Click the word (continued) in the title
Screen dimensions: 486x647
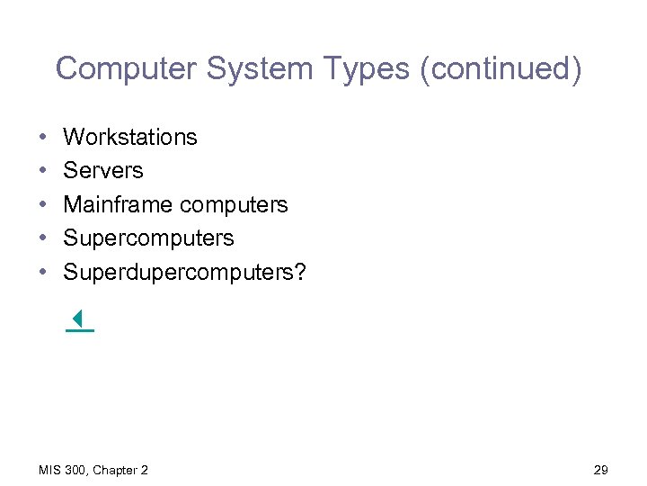(x=500, y=69)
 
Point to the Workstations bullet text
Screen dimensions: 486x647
(x=130, y=137)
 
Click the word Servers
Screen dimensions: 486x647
(x=103, y=170)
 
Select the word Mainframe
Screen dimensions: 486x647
(x=116, y=204)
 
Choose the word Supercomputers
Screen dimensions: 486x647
(x=148, y=238)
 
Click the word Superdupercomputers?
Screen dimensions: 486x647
(x=184, y=272)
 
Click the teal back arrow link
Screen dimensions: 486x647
(x=79, y=319)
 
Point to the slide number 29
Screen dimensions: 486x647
(x=601, y=470)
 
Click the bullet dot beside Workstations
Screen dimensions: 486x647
(x=43, y=138)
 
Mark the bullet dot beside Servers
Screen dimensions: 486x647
(x=43, y=171)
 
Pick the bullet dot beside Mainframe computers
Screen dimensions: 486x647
(x=43, y=205)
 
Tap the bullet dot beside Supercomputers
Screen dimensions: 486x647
(x=43, y=238)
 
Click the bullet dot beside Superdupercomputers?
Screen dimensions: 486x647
(x=43, y=273)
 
